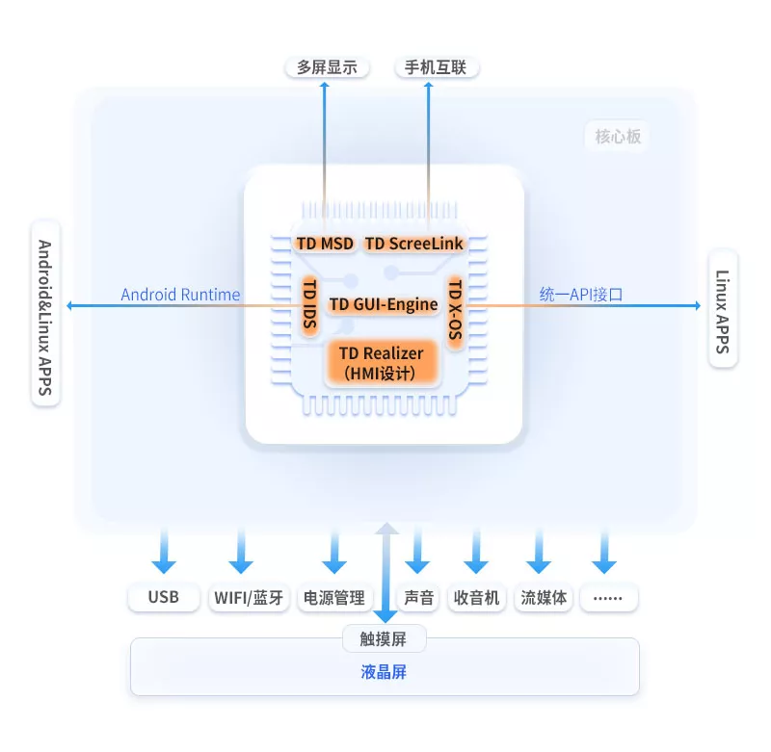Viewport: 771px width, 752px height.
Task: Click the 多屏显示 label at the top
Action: [327, 67]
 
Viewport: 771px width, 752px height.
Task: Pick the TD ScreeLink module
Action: [414, 244]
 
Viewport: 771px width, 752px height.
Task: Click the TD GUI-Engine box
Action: [383, 304]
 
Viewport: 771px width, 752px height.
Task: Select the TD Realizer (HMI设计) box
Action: [383, 363]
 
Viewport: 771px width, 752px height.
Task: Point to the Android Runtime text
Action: [180, 295]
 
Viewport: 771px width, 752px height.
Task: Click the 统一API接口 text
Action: [580, 295]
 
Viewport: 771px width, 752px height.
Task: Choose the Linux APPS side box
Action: [723, 308]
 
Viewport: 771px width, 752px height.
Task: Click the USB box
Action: [164, 598]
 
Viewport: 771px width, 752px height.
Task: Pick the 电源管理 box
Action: [333, 598]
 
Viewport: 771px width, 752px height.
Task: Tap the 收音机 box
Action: [478, 598]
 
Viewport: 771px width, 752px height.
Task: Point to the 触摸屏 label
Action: [385, 637]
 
